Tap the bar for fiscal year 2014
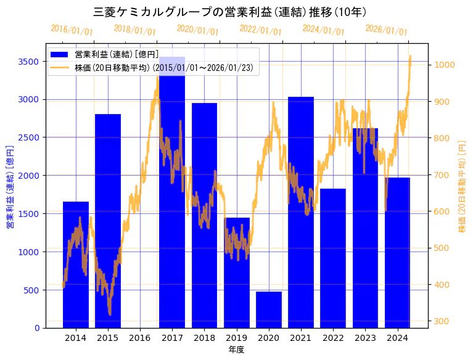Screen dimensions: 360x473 (76, 264)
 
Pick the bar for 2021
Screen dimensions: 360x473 (301, 212)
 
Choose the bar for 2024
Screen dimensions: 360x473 (398, 253)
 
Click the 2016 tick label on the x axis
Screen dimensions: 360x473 (140, 338)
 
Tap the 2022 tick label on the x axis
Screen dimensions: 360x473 (333, 338)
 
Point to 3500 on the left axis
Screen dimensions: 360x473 (28, 61)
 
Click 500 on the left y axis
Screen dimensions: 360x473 (31, 290)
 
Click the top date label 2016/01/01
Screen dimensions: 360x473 (72, 30)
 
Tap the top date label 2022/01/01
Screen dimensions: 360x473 (261, 30)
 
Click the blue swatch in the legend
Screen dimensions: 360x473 (60, 55)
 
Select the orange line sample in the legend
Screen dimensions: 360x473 (60, 67)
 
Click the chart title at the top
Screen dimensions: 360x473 (229, 12)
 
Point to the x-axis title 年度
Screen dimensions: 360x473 (236, 350)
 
